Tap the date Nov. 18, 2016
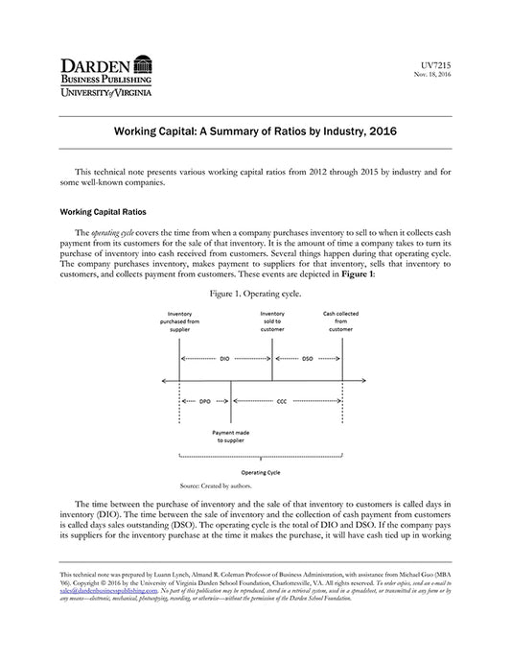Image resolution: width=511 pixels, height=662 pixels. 432,73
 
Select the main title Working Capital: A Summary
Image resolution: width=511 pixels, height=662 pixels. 255,129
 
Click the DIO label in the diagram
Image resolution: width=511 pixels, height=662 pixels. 225,358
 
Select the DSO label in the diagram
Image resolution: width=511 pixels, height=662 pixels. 307,358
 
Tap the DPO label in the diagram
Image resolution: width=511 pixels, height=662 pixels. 204,401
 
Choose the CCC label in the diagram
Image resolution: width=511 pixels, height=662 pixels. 281,401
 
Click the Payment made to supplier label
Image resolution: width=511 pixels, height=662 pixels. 230,437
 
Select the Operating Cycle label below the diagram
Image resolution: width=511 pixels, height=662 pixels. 260,473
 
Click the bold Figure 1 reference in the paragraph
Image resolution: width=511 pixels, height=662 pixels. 357,273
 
